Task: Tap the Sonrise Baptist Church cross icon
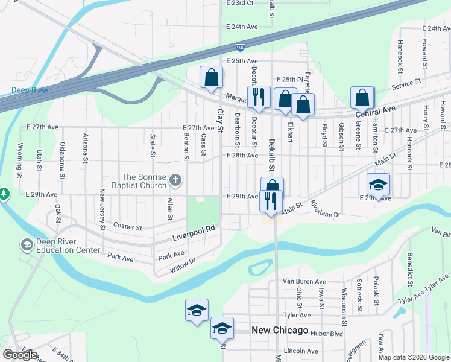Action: point(175,179)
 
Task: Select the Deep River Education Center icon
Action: point(27,244)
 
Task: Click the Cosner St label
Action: point(127,227)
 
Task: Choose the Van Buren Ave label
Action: point(304,281)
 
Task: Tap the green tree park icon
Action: point(5,194)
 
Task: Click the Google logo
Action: point(20,355)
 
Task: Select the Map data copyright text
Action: point(414,357)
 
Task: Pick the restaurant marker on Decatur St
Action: point(259,97)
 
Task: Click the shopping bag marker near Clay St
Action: point(211,77)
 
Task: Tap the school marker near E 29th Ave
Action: point(378,184)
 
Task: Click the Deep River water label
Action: point(30,91)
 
